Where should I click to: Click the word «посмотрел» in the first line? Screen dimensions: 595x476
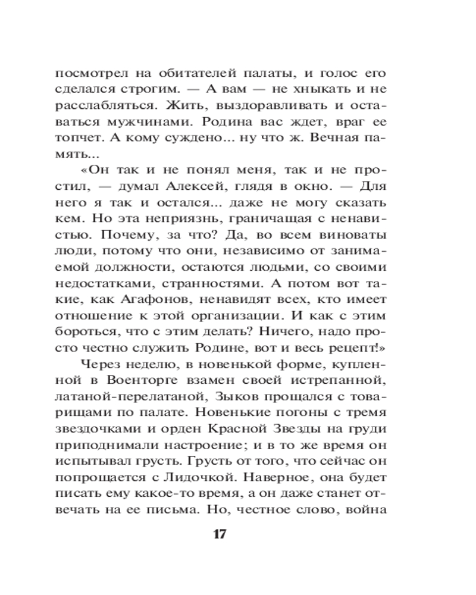tap(89, 75)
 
